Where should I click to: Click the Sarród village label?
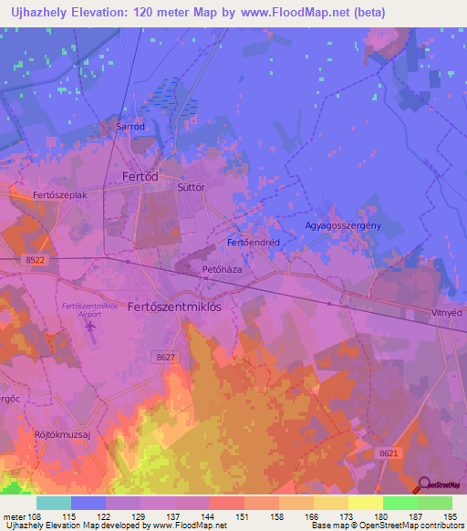click(x=130, y=127)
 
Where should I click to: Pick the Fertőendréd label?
click(x=253, y=243)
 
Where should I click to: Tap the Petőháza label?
click(x=220, y=270)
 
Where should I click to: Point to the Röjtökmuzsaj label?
click(x=63, y=434)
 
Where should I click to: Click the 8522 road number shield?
click(x=35, y=260)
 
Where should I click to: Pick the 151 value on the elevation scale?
click(x=244, y=515)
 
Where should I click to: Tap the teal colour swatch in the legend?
click(x=54, y=503)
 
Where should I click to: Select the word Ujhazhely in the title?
click(x=34, y=12)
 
